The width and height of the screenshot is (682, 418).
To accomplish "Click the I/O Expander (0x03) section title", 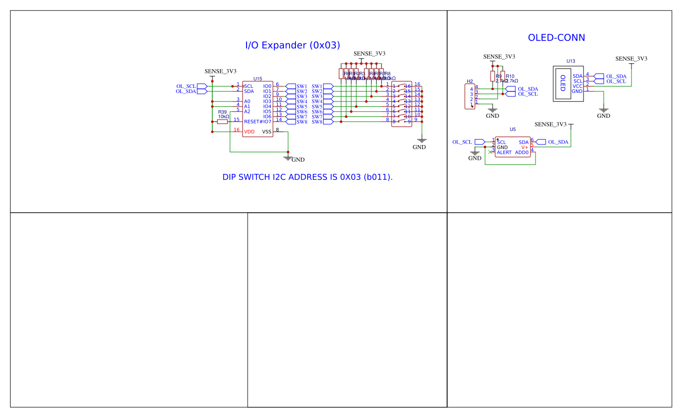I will (293, 45).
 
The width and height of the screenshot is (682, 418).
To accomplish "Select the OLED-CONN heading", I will (556, 38).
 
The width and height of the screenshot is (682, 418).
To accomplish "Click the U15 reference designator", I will (258, 79).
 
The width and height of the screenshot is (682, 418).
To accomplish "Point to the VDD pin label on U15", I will (250, 132).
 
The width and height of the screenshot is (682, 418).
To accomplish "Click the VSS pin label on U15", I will (267, 132).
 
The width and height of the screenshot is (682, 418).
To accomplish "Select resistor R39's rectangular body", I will (222, 121).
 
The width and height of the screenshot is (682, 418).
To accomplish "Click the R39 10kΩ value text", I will (223, 117).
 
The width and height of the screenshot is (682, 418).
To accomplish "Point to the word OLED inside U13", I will (563, 83).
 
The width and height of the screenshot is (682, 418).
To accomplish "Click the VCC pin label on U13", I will (577, 86).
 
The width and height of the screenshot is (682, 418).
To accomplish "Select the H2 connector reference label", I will (470, 81).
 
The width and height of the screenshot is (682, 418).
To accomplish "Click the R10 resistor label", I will (510, 76).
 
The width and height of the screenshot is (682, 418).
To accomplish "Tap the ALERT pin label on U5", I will (504, 153).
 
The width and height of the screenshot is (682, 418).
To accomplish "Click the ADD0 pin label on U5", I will (521, 153).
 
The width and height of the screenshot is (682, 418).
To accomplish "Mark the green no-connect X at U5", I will (490, 152).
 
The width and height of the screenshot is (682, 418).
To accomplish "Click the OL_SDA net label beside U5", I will (558, 143).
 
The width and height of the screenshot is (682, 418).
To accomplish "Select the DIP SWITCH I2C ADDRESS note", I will (308, 177).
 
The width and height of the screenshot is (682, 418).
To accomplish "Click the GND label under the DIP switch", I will (419, 148).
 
